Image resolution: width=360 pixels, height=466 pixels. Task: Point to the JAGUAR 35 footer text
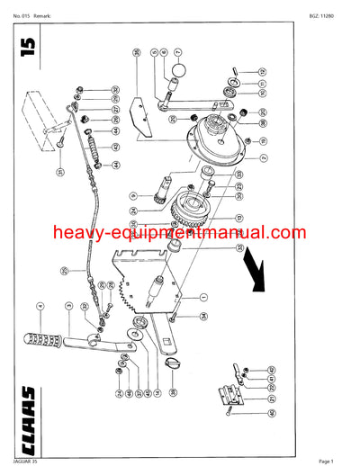27,460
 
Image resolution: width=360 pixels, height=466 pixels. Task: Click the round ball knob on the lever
177,71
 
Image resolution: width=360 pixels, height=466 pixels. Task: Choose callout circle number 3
67,308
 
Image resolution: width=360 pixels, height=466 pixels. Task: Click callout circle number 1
203,297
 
